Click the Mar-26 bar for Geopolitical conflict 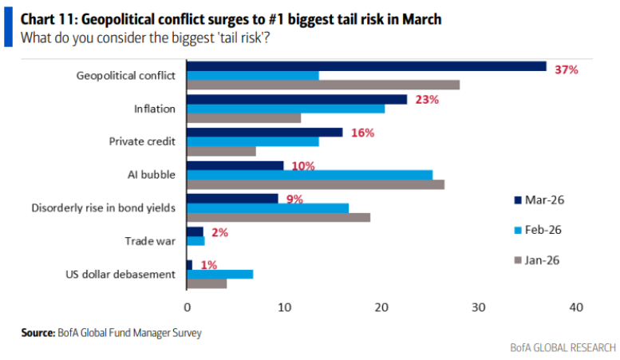[x=366, y=66]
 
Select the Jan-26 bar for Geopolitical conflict [x=323, y=85]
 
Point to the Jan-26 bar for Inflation [x=243, y=118]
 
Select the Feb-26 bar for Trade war [x=195, y=240]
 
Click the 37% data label [x=566, y=70]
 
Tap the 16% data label [x=362, y=133]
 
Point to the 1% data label [x=210, y=265]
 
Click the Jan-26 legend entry [x=540, y=260]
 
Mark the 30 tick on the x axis [x=479, y=307]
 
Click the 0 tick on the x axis [x=187, y=307]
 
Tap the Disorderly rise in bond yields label [x=103, y=208]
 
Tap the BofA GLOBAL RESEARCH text [x=563, y=347]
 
